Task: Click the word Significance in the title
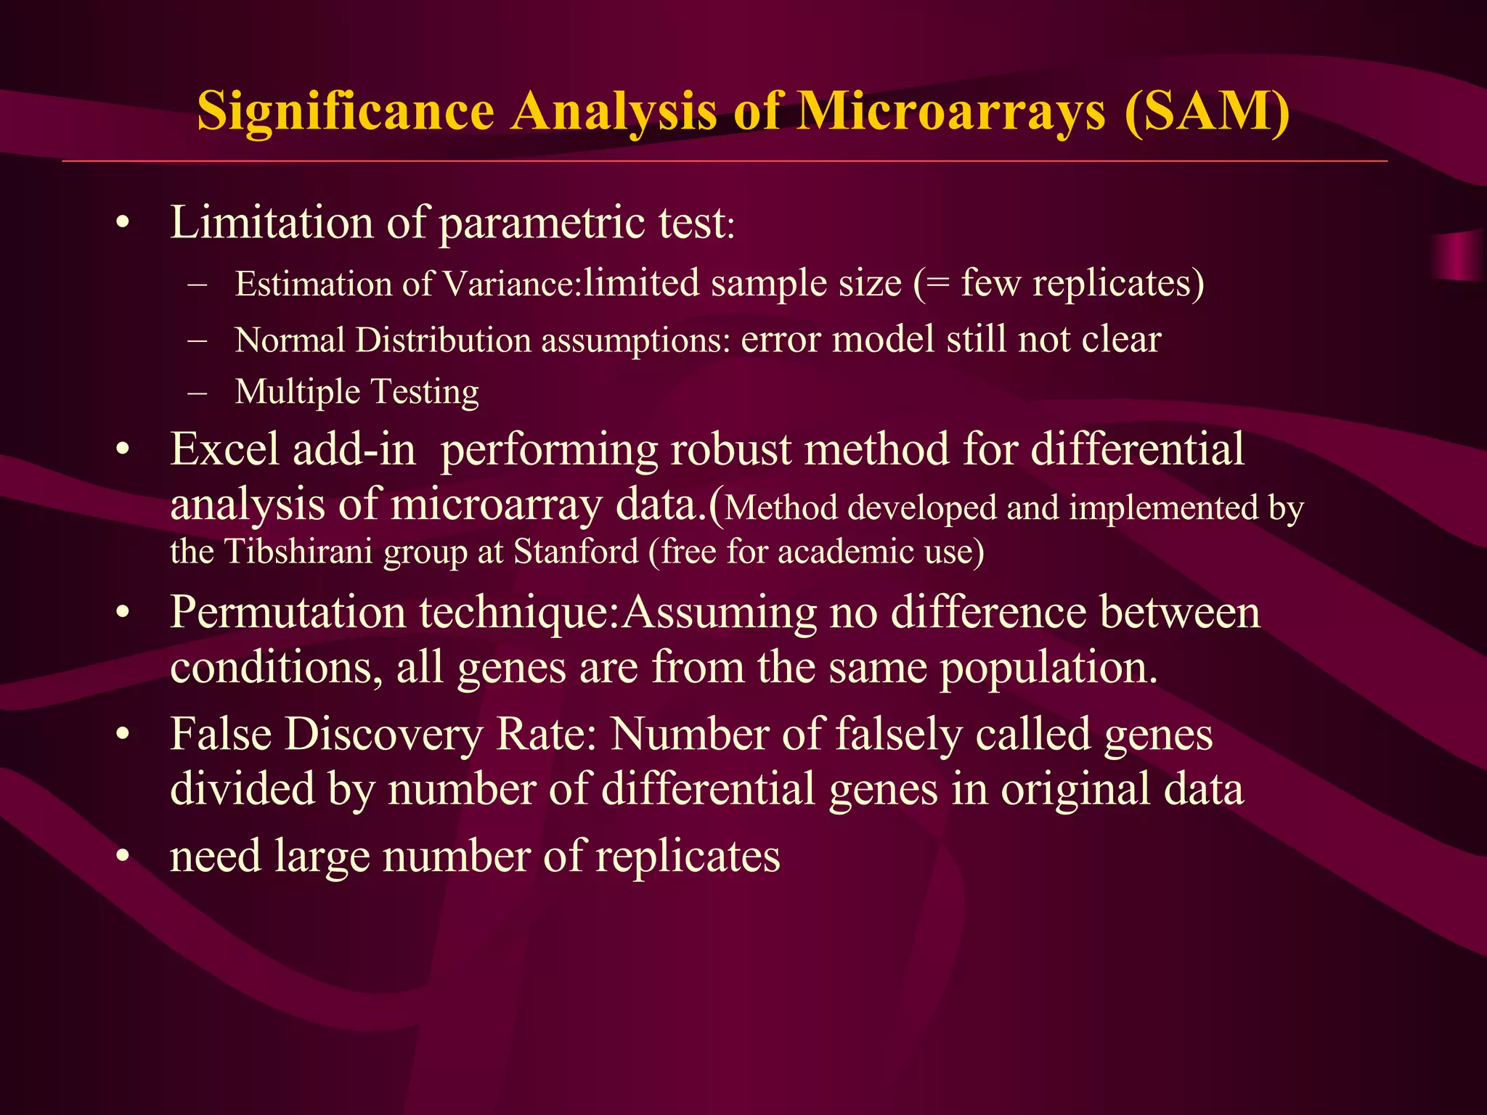point(346,112)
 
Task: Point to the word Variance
point(513,284)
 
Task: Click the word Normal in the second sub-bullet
point(290,340)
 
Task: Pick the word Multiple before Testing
point(298,392)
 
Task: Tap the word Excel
point(224,449)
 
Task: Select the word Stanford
point(576,552)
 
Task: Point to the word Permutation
point(288,613)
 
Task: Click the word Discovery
point(383,735)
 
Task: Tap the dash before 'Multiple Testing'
point(197,393)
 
